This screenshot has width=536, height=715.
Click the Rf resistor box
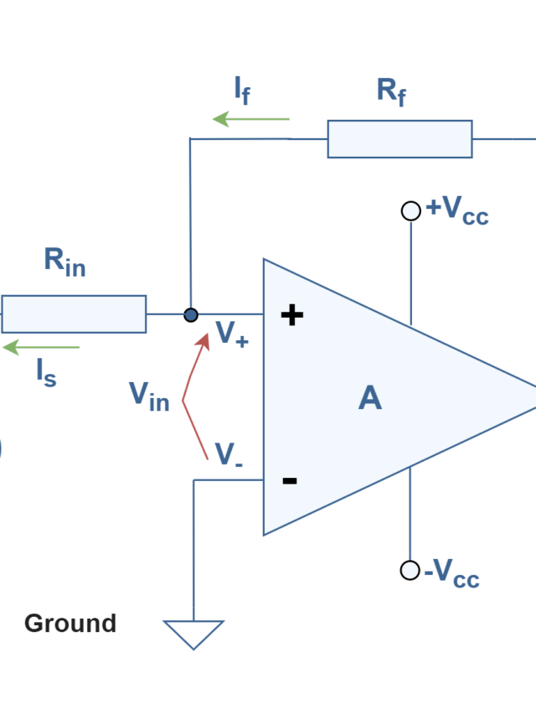click(x=399, y=139)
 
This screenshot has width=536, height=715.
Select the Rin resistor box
click(x=74, y=314)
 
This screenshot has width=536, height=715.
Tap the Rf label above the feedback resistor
click(x=391, y=91)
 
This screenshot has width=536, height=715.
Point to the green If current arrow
click(x=251, y=119)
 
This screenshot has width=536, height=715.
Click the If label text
click(x=241, y=90)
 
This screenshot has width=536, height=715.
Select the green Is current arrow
click(x=41, y=347)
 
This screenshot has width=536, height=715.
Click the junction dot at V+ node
click(x=191, y=315)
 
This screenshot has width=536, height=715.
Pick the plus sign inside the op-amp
click(x=291, y=315)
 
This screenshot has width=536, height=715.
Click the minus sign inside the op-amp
click(x=290, y=480)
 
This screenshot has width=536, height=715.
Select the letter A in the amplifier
click(x=369, y=397)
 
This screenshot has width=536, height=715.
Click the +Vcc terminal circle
click(x=410, y=211)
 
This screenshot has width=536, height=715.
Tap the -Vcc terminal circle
click(x=410, y=570)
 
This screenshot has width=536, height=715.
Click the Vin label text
click(x=149, y=395)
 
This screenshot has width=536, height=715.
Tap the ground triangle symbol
click(x=194, y=634)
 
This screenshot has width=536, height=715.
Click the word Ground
click(x=70, y=624)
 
